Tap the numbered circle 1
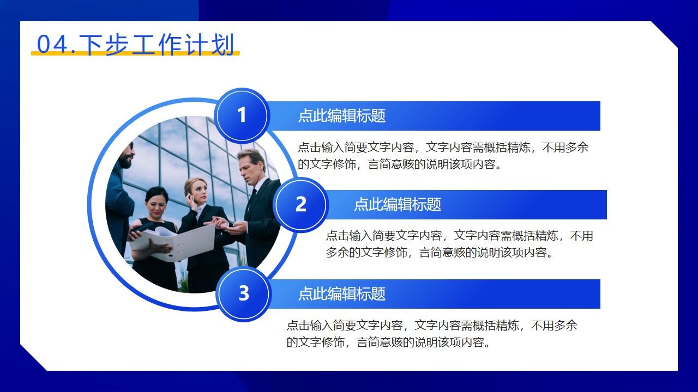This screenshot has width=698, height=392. (x=242, y=115)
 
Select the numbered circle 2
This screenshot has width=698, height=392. (x=300, y=205)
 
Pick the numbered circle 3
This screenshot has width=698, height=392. (x=243, y=293)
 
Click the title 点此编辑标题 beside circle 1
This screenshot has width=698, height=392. (x=342, y=115)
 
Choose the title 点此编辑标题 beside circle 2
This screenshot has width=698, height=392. (x=398, y=205)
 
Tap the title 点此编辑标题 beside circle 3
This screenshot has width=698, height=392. (x=342, y=294)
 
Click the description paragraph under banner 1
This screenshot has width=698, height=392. (x=443, y=156)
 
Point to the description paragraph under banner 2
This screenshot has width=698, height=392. (x=459, y=244)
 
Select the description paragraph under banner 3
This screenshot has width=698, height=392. (x=431, y=333)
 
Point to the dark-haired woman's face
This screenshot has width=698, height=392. (x=156, y=201)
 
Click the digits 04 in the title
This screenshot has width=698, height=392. (x=51, y=44)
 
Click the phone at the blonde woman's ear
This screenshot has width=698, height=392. (x=188, y=196)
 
